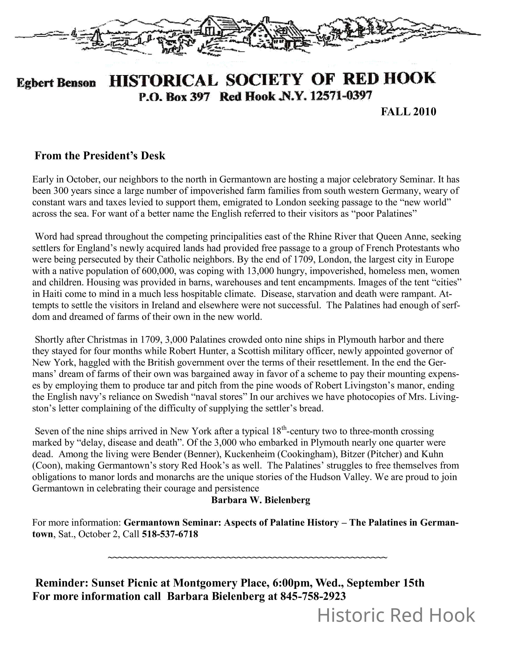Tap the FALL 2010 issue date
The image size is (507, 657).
tap(409, 112)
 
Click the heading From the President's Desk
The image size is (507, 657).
tap(100, 156)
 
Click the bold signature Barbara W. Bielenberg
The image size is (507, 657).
tap(261, 500)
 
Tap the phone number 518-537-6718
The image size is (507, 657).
tap(170, 534)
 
